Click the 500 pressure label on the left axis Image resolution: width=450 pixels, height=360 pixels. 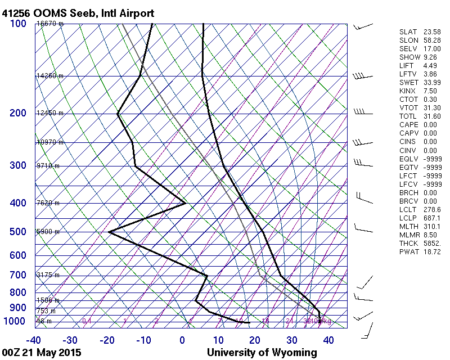pyautogui.click(x=18, y=232)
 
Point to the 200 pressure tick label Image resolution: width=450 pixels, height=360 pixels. pyautogui.click(x=18, y=113)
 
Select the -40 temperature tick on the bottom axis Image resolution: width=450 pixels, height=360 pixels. pyautogui.click(x=34, y=340)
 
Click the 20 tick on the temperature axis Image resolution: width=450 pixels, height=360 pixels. pyautogui.click(x=255, y=340)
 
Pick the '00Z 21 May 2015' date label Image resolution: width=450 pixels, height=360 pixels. pyautogui.click(x=42, y=353)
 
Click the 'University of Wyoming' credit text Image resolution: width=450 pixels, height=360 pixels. pyautogui.click(x=262, y=353)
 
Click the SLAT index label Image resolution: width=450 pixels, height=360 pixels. pyautogui.click(x=408, y=32)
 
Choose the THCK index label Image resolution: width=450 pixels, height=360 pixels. pyautogui.click(x=408, y=244)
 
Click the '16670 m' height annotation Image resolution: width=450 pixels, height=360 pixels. pyautogui.click(x=49, y=24)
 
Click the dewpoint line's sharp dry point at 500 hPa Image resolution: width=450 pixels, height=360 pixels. pyautogui.click(x=109, y=232)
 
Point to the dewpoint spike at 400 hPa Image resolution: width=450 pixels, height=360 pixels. pyautogui.click(x=185, y=203)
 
